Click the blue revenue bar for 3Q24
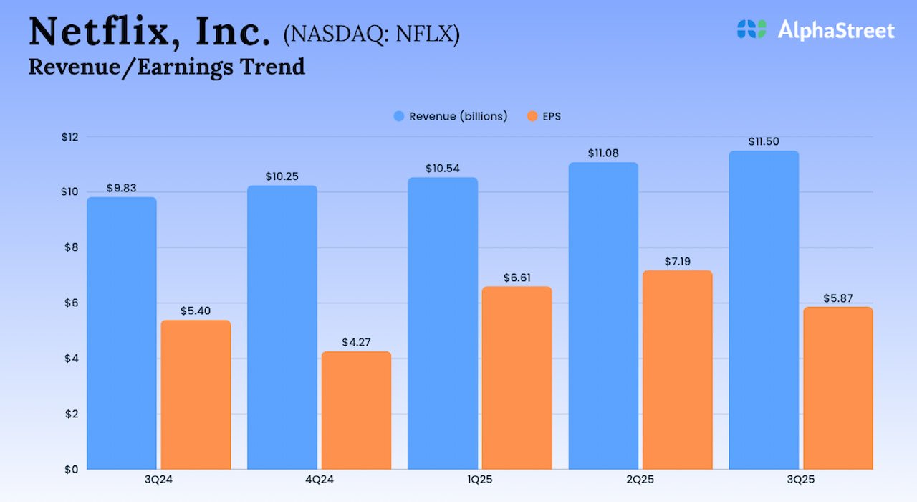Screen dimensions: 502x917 click(121, 333)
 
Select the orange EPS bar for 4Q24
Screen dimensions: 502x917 click(356, 410)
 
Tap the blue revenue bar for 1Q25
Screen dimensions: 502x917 click(443, 323)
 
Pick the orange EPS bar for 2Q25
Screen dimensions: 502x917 click(677, 370)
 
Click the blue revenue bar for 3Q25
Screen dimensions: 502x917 click(764, 310)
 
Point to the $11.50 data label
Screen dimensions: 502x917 click(764, 141)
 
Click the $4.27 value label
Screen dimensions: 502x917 click(356, 342)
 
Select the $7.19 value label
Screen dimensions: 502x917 click(677, 261)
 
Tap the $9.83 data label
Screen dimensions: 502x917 click(121, 188)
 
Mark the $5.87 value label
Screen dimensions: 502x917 click(837, 298)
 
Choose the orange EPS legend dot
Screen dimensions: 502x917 click(531, 116)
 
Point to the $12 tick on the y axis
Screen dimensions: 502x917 click(70, 136)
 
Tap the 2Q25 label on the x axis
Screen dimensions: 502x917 click(640, 480)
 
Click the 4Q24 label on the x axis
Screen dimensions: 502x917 click(319, 480)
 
